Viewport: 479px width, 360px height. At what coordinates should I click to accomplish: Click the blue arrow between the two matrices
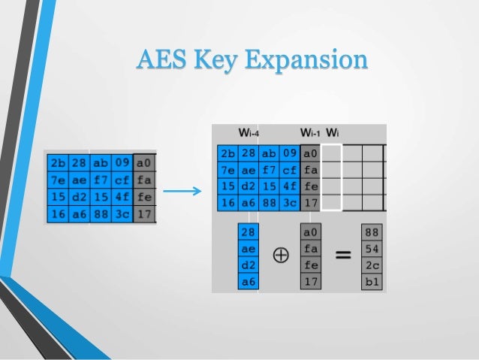[182, 189]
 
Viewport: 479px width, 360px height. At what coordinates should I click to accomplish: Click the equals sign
[342, 256]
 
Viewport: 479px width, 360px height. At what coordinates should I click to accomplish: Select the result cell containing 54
[371, 247]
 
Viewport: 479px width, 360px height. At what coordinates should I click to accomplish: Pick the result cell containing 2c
[371, 265]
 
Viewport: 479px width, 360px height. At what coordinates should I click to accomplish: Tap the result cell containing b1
[371, 282]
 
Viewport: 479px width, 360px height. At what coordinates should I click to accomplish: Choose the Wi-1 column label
[310, 134]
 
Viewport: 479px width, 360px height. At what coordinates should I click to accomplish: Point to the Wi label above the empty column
[332, 134]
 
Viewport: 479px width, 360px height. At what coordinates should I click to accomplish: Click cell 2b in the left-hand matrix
[58, 162]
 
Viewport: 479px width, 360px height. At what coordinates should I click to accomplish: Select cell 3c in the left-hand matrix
[123, 214]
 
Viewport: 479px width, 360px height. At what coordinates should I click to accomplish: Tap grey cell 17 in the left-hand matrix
[144, 214]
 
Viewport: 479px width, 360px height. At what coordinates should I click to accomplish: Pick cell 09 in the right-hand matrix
[289, 153]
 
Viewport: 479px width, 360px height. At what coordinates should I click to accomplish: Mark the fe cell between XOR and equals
[310, 265]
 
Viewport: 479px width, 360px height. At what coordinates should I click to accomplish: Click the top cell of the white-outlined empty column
[331, 153]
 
